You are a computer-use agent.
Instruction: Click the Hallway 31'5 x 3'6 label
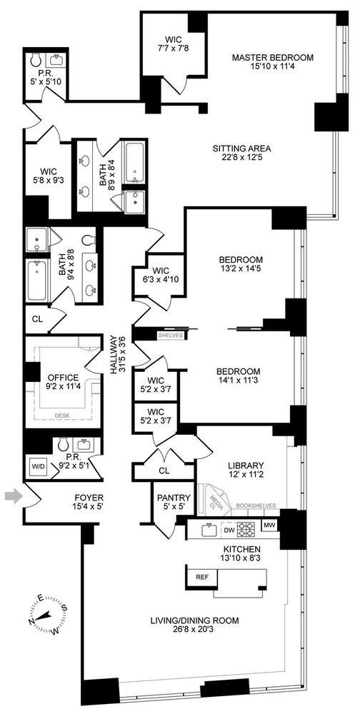pos(116,361)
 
